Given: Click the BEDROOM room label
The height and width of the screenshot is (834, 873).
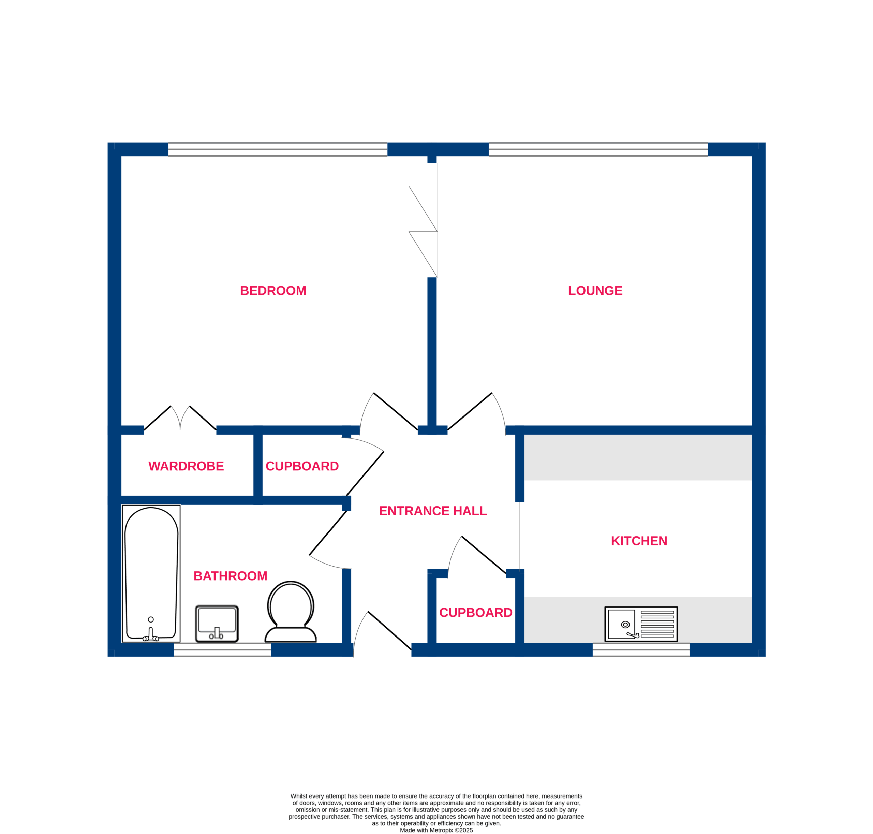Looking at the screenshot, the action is coord(273,291).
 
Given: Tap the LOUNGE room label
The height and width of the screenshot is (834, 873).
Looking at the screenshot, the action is coord(595,291).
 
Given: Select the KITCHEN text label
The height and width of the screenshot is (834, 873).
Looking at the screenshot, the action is coord(639,541).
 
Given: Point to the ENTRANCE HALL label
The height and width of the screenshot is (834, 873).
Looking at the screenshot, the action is coord(432,511).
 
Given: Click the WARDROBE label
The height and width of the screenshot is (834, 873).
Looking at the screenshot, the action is coord(186,466).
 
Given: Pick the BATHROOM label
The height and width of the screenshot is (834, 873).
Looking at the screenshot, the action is coord(230,576).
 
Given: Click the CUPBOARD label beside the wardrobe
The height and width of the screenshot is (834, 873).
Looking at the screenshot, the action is coord(302,466).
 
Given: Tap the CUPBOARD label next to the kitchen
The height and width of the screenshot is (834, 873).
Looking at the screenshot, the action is coord(476,613).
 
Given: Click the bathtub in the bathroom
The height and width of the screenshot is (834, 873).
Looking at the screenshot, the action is coord(151,573).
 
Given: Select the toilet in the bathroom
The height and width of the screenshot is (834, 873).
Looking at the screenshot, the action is coord(291,612).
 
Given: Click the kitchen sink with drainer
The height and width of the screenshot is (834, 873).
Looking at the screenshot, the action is coord(641,624).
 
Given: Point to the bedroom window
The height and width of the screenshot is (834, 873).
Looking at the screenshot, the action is coord(278,149).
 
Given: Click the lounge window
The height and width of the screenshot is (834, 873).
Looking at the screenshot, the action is coord(598,149).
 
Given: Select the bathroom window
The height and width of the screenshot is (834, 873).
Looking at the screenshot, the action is coord(222,649).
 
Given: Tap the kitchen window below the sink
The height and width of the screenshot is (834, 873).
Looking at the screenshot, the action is coord(641,649).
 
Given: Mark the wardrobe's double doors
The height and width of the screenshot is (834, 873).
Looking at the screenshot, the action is coord(180,418).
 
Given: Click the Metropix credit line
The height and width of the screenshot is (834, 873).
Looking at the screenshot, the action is coord(436,830).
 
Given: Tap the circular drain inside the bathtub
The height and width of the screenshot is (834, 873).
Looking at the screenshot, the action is coord(151,620).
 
